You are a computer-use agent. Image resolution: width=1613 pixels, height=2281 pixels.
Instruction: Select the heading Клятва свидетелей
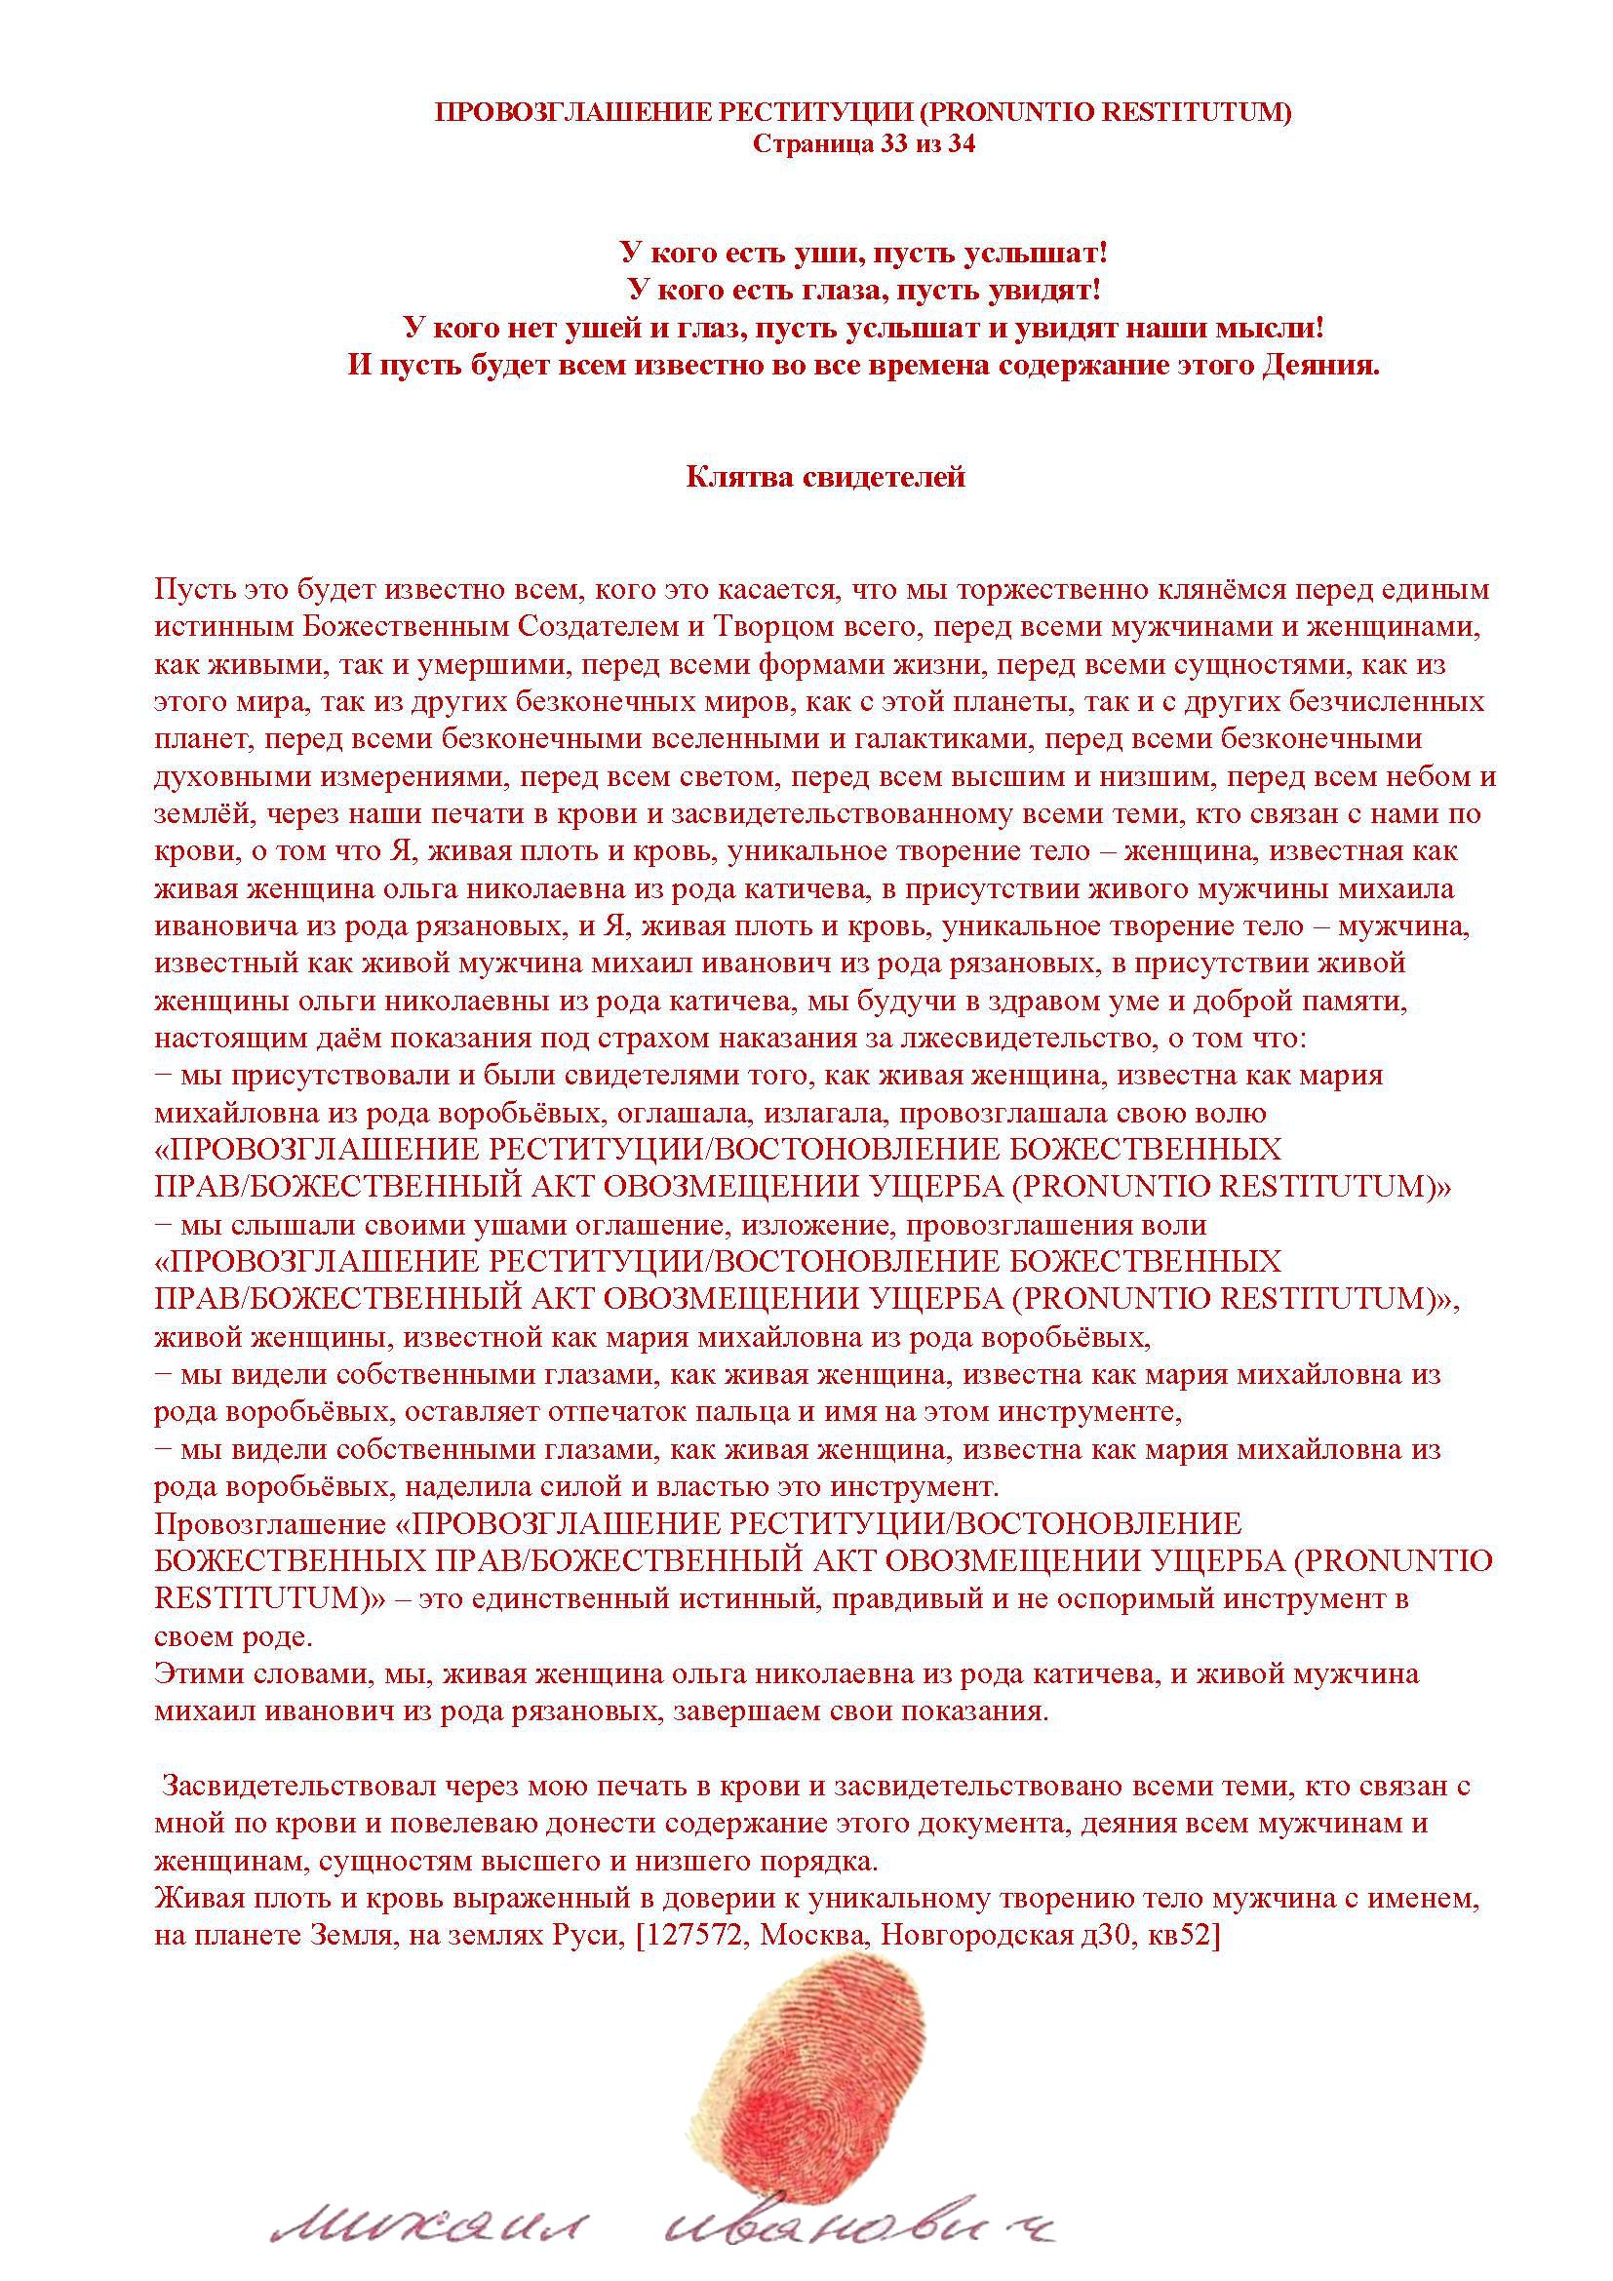pos(825,478)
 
